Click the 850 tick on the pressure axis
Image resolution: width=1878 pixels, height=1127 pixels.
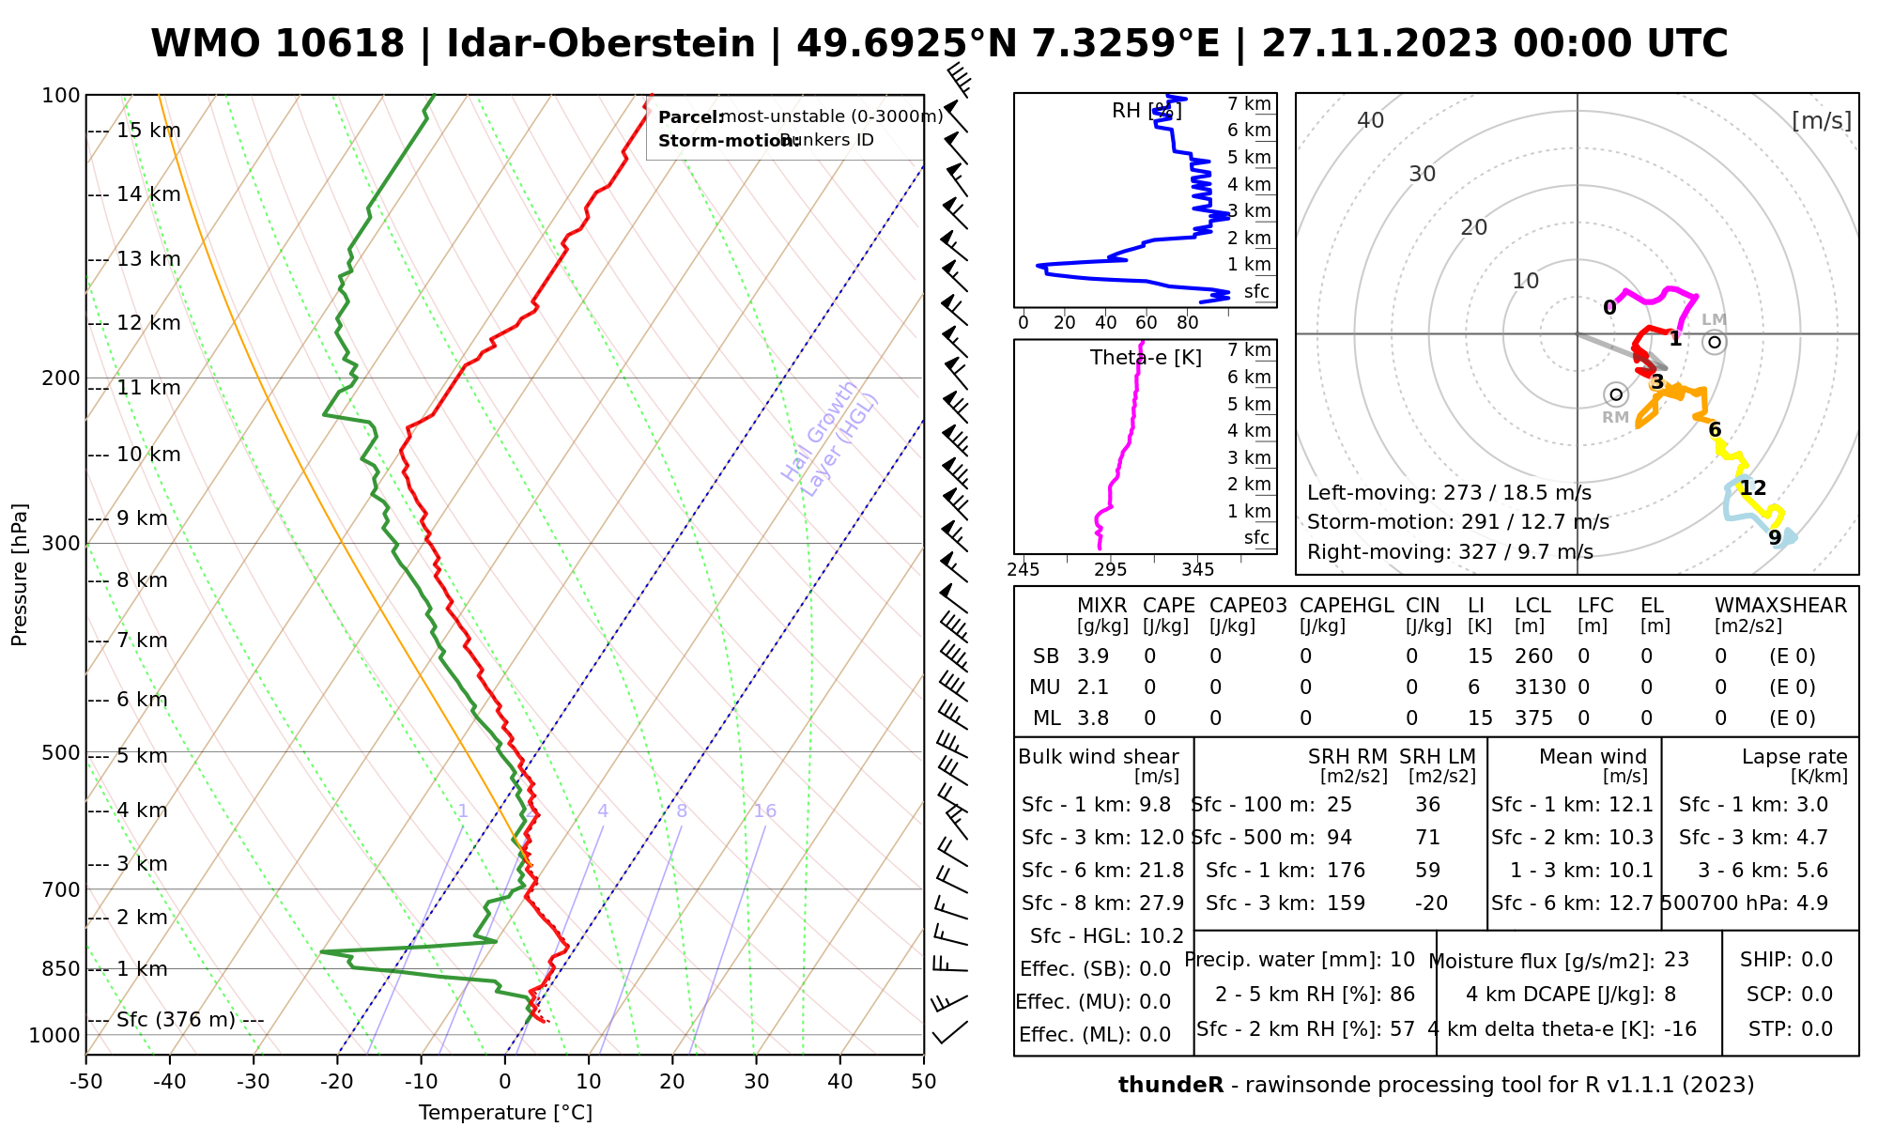coord(61,968)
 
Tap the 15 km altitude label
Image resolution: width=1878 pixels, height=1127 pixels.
coord(147,131)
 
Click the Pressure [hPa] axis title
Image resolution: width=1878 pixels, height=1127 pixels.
coord(20,575)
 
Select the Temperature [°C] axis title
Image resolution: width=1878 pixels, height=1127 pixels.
coord(505,1113)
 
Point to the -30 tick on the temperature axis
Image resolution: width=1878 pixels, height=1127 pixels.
coord(254,1082)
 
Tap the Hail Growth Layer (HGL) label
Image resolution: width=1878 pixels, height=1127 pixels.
coord(830,440)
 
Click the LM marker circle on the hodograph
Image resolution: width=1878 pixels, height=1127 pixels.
coord(1715,342)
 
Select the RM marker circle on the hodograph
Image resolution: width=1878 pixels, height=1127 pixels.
coord(1615,394)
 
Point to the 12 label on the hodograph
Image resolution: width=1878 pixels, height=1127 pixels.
coord(1752,488)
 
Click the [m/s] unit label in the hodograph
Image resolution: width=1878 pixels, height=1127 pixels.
coord(1822,121)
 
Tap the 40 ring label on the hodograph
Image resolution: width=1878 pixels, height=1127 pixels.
coord(1371,120)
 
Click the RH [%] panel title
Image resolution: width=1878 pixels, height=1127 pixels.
coord(1147,111)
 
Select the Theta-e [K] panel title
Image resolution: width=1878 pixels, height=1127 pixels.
coord(1146,358)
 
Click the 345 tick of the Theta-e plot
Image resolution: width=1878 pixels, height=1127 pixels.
coord(1197,570)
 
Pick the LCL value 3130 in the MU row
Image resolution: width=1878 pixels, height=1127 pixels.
coord(1540,687)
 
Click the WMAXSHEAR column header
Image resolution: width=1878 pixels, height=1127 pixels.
coord(1780,606)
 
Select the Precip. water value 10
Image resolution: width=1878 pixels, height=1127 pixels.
coord(1402,960)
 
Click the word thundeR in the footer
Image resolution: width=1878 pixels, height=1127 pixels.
coord(1171,1086)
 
